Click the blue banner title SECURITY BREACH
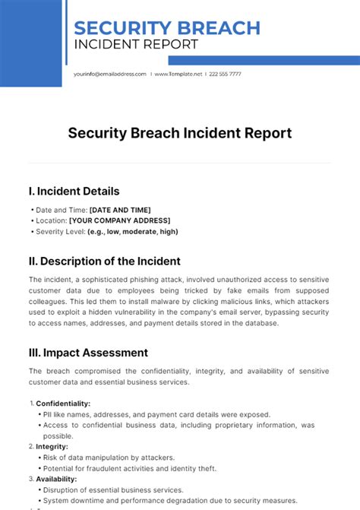167,27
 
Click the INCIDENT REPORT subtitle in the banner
136,44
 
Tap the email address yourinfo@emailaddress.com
109,74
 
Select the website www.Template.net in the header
179,74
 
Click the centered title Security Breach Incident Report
180,133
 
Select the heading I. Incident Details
74,192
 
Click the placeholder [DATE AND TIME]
120,210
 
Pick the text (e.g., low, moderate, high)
133,232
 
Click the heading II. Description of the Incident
104,261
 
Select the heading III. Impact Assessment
88,353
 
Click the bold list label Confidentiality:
63,404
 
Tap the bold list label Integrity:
53,447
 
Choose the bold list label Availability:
56,480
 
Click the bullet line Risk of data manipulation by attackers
109,458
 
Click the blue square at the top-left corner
30,43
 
